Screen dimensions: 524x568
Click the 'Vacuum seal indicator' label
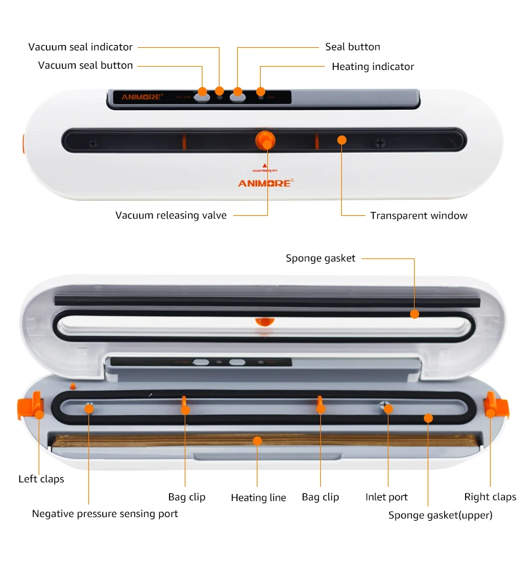81,47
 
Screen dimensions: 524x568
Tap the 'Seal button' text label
352,47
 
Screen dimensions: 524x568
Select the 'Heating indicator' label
373,67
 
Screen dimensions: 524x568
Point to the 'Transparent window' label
419,215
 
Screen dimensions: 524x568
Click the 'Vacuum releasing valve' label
171,215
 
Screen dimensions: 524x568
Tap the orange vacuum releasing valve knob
265,139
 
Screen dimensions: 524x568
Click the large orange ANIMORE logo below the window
265,183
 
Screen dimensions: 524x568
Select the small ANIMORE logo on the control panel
141,98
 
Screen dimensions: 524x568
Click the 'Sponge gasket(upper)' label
440,516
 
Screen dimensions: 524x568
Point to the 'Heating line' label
258,498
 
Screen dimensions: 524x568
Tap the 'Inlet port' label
386,497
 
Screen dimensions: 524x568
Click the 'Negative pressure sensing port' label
105,514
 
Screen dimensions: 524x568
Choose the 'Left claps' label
41,479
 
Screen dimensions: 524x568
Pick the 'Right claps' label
490,497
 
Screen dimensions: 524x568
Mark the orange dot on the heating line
257,441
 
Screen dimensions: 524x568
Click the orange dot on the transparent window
341,139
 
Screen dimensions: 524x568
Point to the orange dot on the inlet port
388,409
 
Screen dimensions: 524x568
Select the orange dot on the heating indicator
261,92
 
